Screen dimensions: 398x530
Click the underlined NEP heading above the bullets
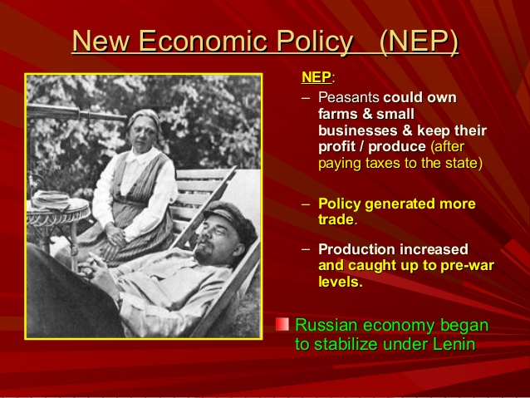coord(315,78)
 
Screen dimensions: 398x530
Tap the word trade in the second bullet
coord(336,219)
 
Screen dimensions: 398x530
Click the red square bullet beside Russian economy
coord(282,324)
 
